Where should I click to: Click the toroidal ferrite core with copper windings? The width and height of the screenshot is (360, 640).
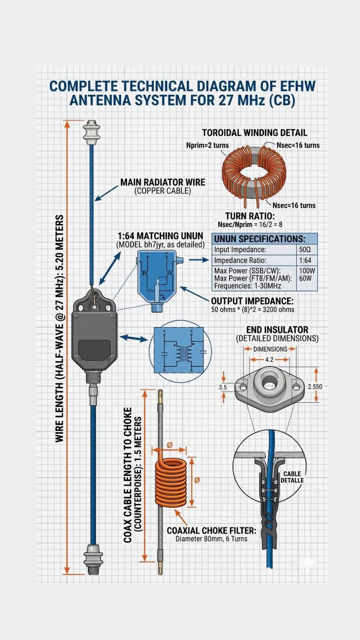(x=254, y=172)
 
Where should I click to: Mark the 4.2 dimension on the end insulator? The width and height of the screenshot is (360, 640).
(x=270, y=359)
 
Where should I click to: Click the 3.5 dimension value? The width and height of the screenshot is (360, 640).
(x=223, y=387)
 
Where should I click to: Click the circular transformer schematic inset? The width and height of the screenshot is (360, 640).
(x=180, y=352)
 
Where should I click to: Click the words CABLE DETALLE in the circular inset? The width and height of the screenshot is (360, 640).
(x=292, y=477)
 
